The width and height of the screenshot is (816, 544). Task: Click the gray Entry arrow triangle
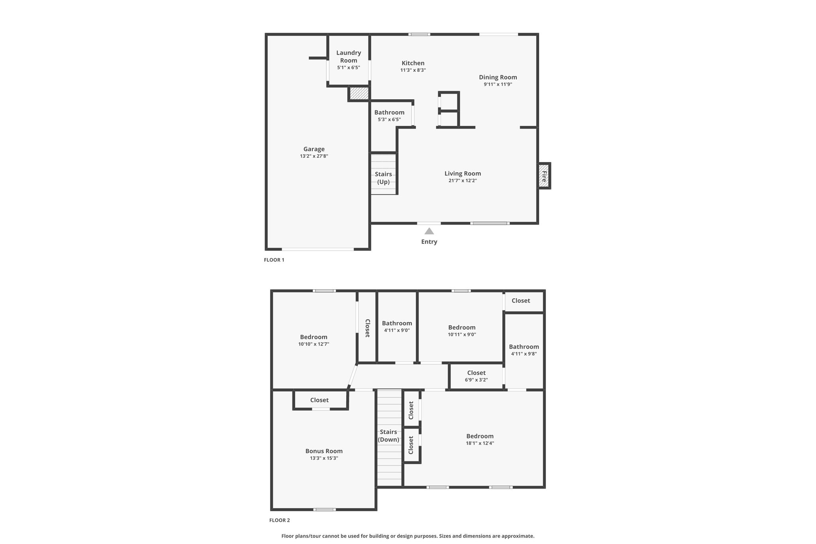(429, 231)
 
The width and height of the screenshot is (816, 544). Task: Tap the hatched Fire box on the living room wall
(544, 176)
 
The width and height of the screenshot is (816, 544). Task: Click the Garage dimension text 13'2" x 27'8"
(314, 156)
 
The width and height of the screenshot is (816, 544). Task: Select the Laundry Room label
(349, 57)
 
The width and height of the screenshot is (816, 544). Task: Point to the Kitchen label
(413, 63)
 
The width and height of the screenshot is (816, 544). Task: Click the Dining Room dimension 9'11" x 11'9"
(498, 84)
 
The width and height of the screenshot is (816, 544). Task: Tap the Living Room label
(463, 173)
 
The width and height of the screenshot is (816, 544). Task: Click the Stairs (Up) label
(383, 178)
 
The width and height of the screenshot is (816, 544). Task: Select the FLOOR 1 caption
(274, 260)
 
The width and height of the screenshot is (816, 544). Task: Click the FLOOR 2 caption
(280, 520)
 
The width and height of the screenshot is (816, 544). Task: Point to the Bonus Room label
(324, 451)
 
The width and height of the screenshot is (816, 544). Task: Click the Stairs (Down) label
(388, 436)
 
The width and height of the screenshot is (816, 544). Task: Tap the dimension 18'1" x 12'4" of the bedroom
(480, 443)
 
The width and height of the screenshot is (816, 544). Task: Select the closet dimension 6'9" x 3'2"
(477, 380)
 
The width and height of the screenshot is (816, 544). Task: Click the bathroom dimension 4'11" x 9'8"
(524, 354)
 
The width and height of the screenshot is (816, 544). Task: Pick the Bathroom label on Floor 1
(389, 112)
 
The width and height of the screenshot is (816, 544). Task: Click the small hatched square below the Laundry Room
(359, 94)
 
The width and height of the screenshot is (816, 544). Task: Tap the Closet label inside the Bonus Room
(320, 400)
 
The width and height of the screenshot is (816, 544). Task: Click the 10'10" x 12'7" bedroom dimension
(314, 344)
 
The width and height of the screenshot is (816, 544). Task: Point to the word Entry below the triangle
(429, 242)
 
